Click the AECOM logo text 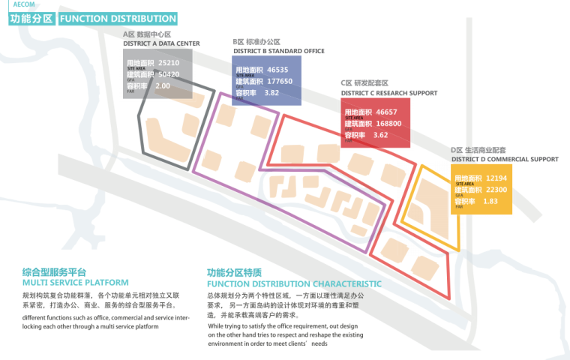(x=25, y=4)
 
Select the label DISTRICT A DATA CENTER (x=161, y=43)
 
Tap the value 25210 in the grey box (x=169, y=63)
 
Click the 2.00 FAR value (x=163, y=86)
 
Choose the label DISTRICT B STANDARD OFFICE (x=278, y=51)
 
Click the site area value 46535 (x=277, y=70)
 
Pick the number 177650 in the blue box (x=279, y=81)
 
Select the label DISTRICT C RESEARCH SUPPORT (x=388, y=93)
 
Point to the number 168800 (x=388, y=124)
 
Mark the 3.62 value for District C (x=380, y=135)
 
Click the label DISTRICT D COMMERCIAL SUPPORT (x=505, y=159)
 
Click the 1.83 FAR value (x=491, y=201)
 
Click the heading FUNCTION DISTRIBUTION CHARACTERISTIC (x=294, y=284)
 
